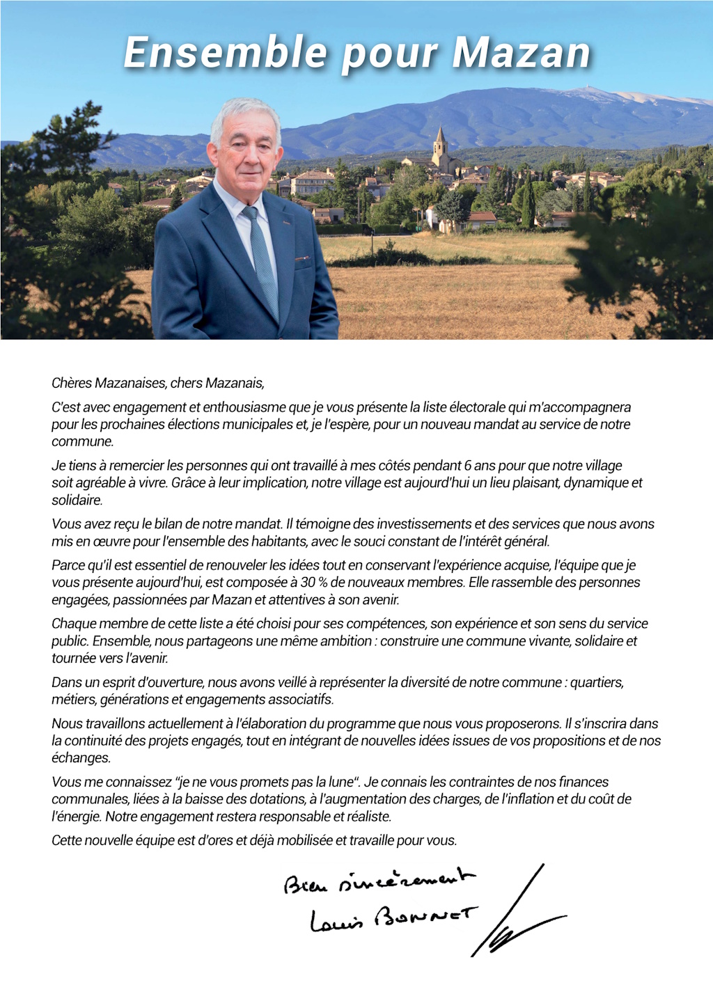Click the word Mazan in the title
pyautogui.click(x=522, y=53)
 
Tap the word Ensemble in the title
pyautogui.click(x=225, y=53)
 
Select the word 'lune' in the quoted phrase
pyautogui.click(x=340, y=782)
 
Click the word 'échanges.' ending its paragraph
pyautogui.click(x=81, y=758)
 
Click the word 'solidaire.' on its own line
pyautogui.click(x=77, y=500)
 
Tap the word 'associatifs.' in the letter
pyautogui.click(x=299, y=700)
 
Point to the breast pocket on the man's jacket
pyautogui.click(x=302, y=260)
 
